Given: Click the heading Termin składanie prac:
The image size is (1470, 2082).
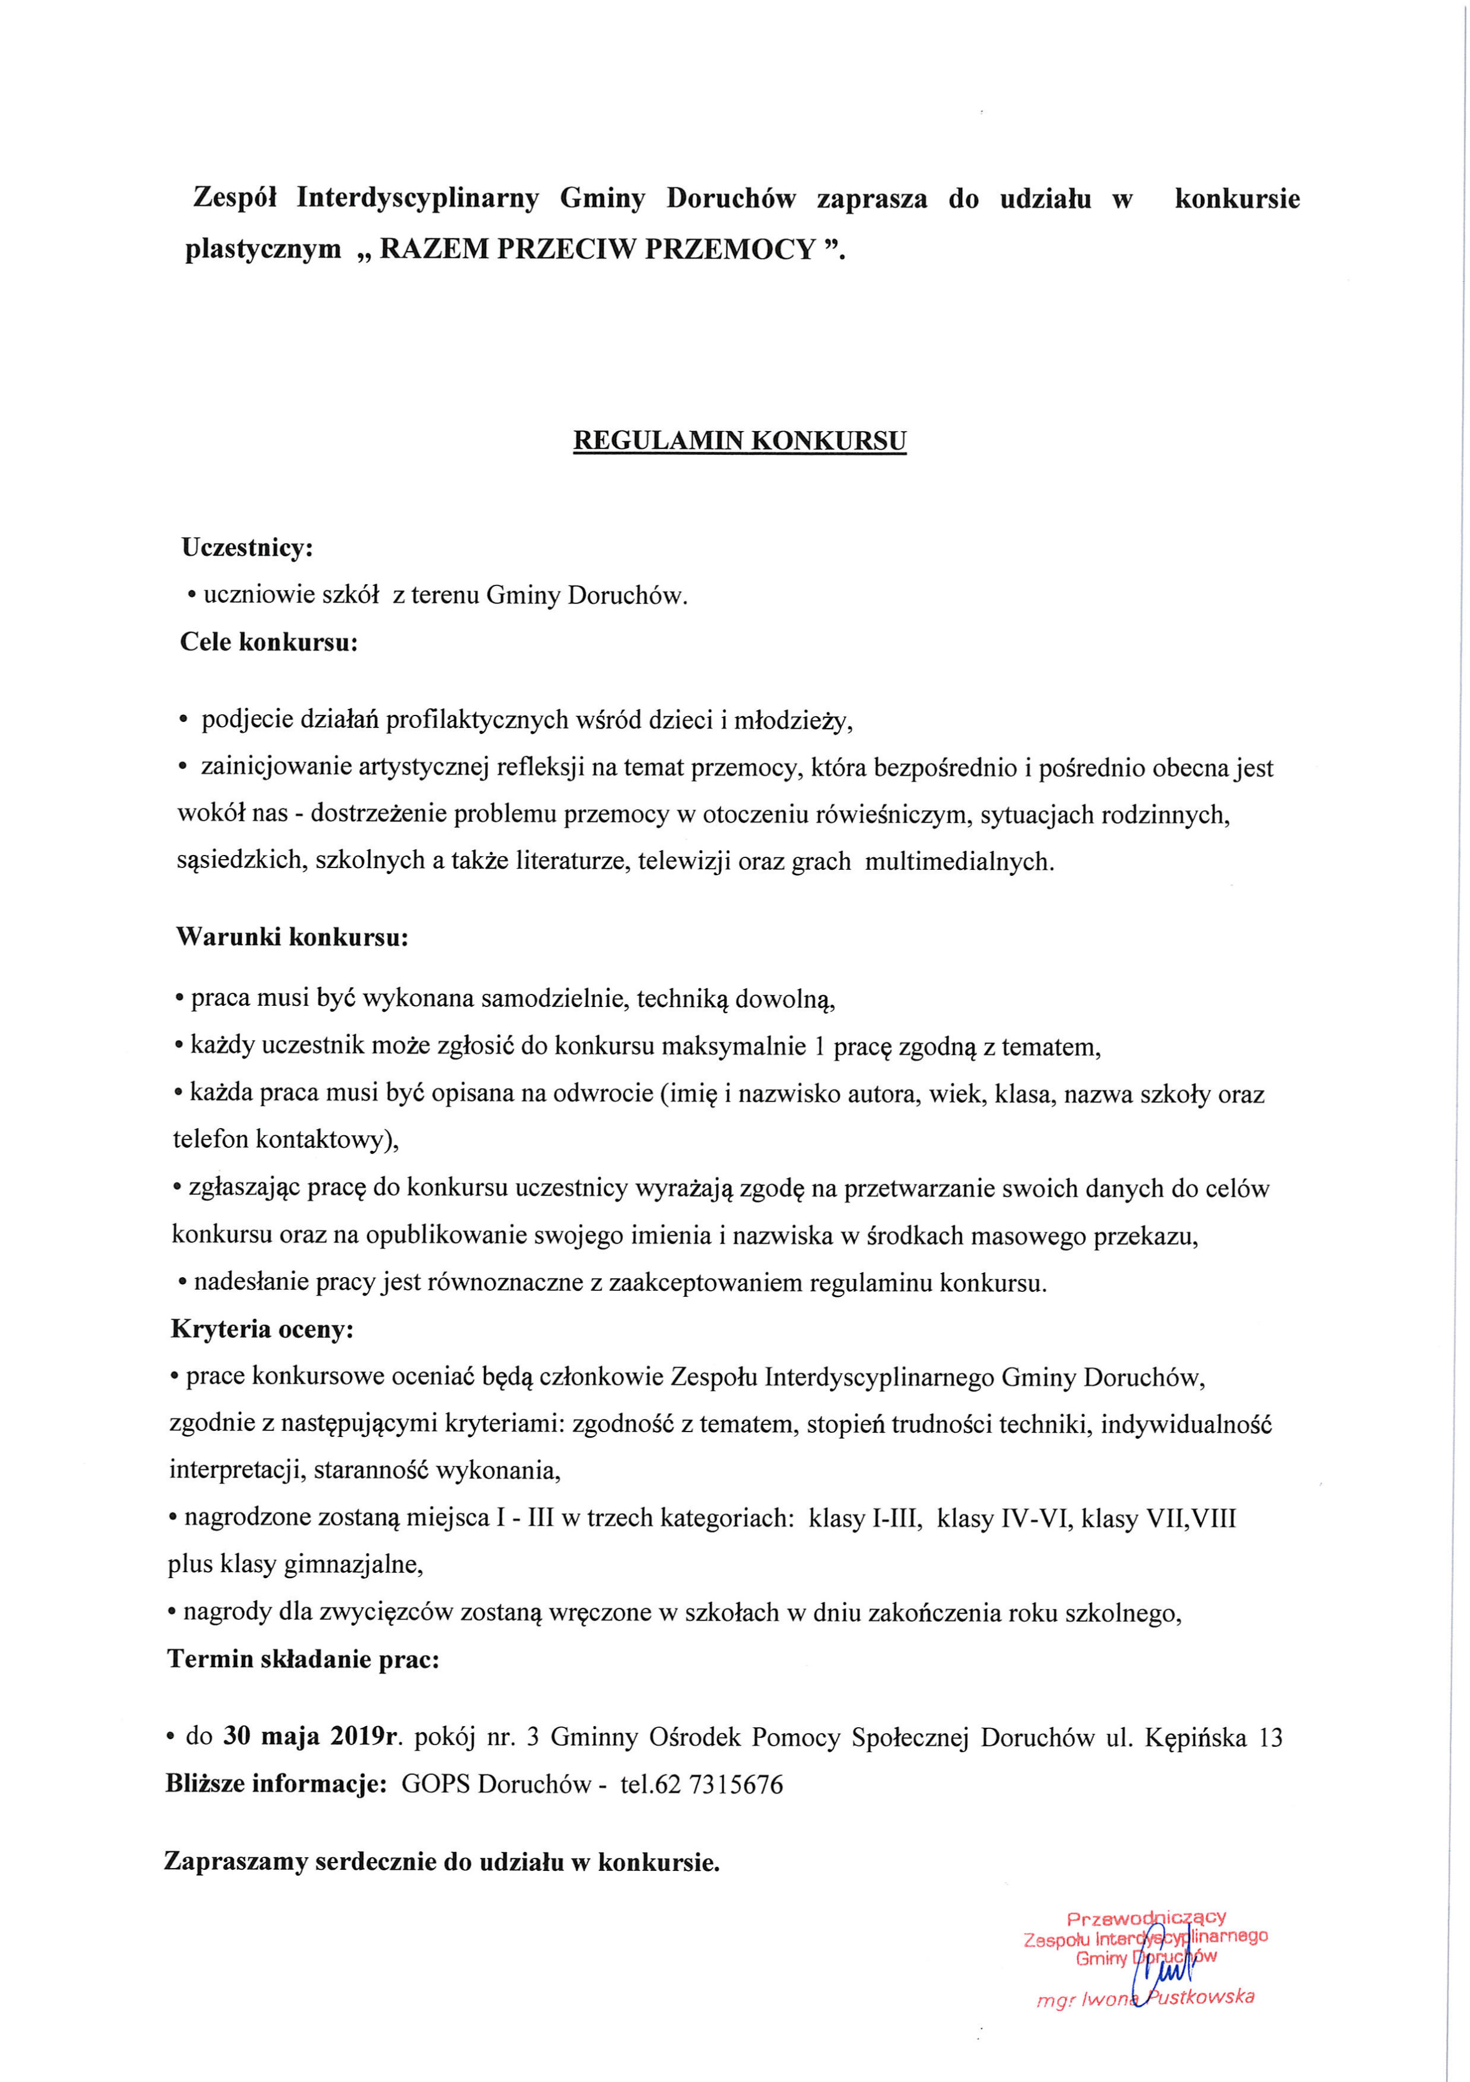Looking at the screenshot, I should pos(303,1659).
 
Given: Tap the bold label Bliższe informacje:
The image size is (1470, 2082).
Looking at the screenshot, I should pos(275,1784).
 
